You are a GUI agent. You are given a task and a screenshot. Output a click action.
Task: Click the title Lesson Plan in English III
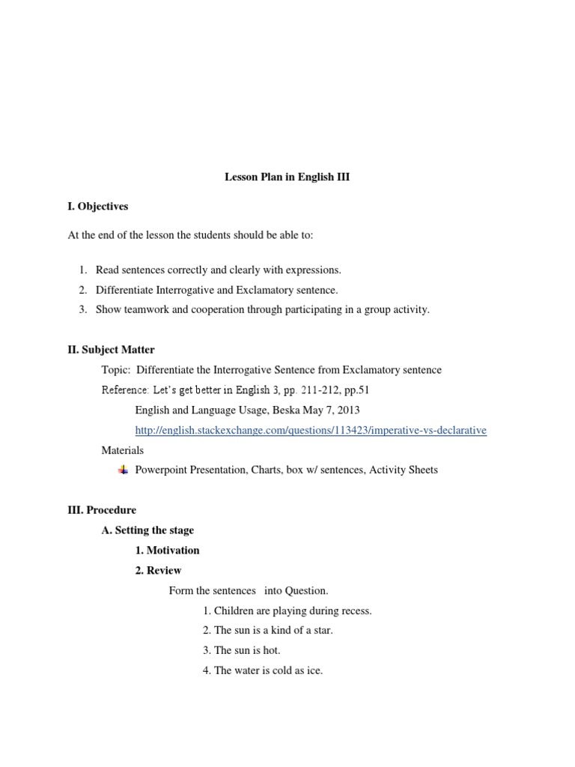287,178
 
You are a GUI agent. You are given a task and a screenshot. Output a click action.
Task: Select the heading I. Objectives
98,206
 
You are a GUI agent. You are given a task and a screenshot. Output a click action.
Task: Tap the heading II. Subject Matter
112,350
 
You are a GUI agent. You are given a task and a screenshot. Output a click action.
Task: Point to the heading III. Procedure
102,510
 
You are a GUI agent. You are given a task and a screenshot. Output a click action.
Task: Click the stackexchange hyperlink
311,431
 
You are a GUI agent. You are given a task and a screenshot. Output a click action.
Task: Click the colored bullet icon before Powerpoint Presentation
123,470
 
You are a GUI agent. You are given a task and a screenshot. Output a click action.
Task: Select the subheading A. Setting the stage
147,530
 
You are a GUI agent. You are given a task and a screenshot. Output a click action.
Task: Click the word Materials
122,450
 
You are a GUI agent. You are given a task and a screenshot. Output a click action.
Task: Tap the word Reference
124,390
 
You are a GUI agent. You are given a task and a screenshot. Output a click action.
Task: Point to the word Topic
115,370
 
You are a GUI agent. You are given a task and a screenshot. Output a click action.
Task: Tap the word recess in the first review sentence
355,611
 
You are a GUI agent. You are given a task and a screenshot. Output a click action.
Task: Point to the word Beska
296,410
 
